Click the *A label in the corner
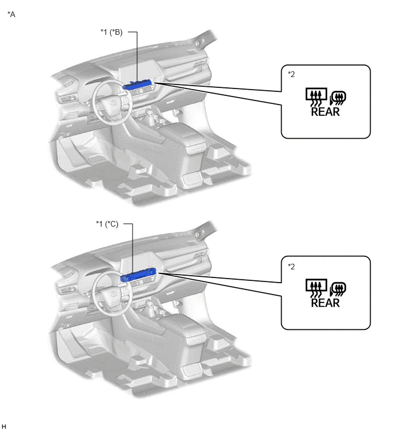pos(11,14)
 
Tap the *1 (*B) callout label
pos(111,32)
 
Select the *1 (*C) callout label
pos(107,224)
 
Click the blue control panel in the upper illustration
pos(137,84)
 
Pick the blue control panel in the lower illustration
pos(138,275)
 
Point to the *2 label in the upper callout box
pos(291,74)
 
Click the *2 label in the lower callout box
pos(291,267)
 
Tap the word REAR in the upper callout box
pos(326,112)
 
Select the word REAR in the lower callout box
pos(326,303)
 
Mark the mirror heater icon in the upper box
pos(338,98)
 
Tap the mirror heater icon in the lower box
pos(338,289)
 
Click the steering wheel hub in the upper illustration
pos(111,104)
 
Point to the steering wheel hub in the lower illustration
pos(111,296)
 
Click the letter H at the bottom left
pos(3,426)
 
